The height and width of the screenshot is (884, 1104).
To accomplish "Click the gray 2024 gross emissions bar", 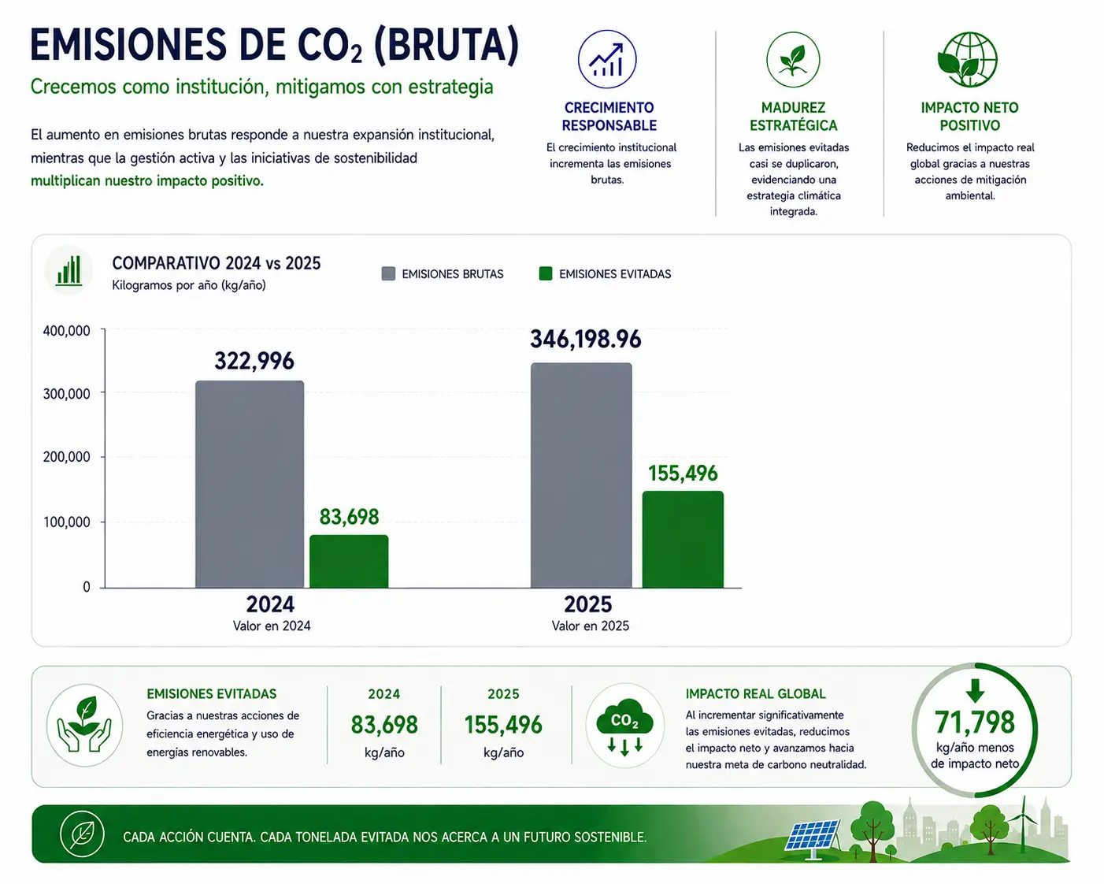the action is click(250, 484).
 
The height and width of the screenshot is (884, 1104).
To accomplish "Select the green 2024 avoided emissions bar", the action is click(349, 561).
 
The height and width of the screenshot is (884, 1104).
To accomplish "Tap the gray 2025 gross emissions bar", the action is click(581, 475).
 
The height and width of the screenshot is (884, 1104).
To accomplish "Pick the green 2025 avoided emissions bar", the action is click(683, 540).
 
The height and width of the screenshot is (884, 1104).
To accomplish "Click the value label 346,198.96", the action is click(585, 340).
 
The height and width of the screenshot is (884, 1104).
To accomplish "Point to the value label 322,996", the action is click(254, 361).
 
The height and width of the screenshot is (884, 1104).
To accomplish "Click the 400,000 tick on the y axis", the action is click(67, 331).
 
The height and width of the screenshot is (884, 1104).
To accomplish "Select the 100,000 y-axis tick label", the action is click(67, 522).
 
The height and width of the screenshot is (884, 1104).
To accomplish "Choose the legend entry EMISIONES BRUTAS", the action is click(443, 273).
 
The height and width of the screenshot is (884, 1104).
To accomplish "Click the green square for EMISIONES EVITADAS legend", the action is click(546, 273).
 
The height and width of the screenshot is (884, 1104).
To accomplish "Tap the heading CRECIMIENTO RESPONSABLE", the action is click(609, 117).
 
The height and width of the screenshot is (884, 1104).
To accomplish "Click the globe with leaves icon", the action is click(968, 60).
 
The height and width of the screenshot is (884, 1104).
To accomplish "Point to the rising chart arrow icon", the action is click(607, 59).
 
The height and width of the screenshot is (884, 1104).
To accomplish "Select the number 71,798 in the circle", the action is click(975, 722).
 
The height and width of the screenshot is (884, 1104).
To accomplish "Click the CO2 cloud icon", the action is click(624, 725).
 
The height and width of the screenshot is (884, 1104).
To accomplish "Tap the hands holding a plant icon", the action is click(84, 726).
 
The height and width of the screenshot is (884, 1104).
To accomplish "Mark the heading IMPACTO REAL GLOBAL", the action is click(756, 693).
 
